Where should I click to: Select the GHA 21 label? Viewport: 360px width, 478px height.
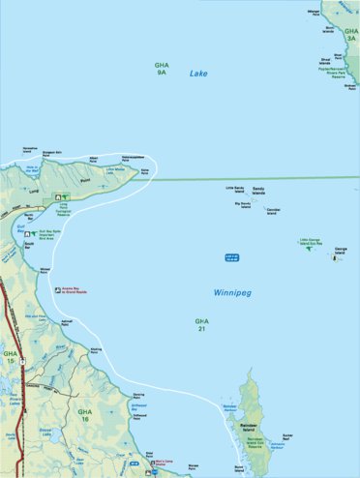pyautogui.click(x=201, y=324)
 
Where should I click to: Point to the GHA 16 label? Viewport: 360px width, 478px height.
pyautogui.click(x=85, y=415)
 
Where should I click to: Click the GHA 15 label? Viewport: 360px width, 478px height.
pyautogui.click(x=10, y=359)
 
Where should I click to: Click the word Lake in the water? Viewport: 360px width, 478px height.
pyautogui.click(x=198, y=74)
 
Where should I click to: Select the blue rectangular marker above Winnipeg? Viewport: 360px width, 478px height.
pyautogui.click(x=230, y=256)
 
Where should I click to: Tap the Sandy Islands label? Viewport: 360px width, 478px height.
pyautogui.click(x=257, y=192)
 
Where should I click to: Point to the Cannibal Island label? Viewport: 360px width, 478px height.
pyautogui.click(x=273, y=209)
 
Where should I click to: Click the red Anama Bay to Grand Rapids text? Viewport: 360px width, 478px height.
pyautogui.click(x=79, y=290)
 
